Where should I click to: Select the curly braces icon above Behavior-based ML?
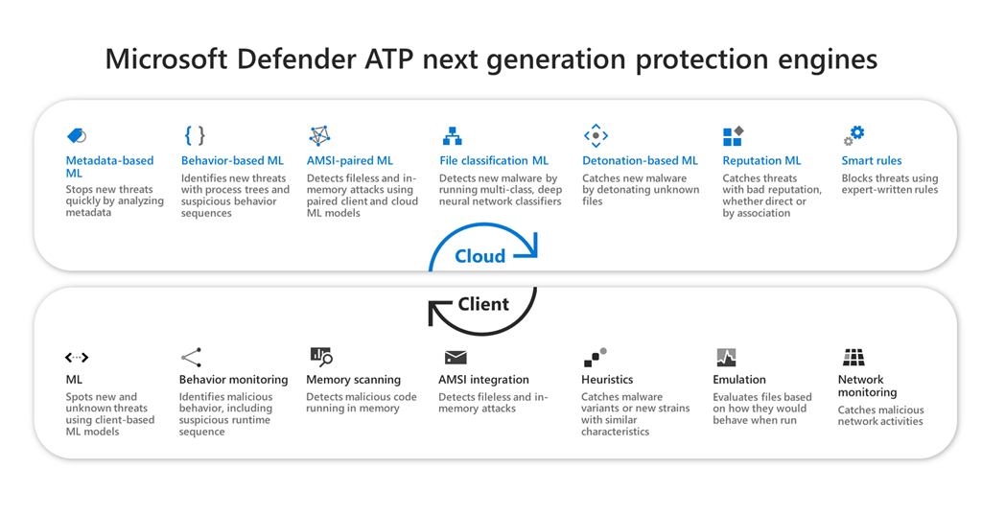(x=195, y=135)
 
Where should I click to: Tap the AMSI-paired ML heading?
(x=350, y=161)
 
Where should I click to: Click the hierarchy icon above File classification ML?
(x=452, y=135)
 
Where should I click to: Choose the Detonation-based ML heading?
(x=640, y=161)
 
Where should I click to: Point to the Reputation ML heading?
(x=761, y=161)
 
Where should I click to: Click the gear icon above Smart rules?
(x=853, y=135)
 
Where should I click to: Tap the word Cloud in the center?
(x=479, y=256)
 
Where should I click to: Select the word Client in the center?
(x=483, y=304)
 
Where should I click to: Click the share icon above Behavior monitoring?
(x=191, y=358)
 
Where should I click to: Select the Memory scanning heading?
(x=353, y=380)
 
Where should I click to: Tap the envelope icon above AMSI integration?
(x=456, y=358)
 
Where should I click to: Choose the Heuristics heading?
(x=607, y=380)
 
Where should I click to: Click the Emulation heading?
(x=739, y=380)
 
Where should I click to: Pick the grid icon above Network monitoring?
(x=853, y=358)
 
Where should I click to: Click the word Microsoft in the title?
(x=169, y=59)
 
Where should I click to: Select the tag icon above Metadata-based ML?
(x=77, y=135)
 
